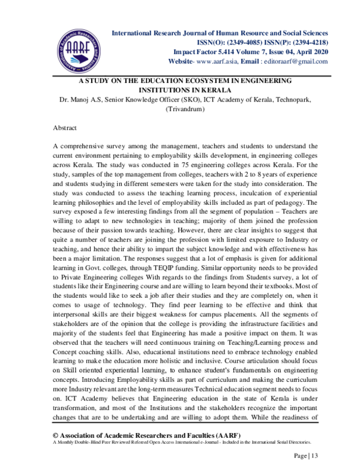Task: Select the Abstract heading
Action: [66, 129]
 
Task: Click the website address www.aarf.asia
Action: [218, 62]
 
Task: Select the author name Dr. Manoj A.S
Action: [80, 100]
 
